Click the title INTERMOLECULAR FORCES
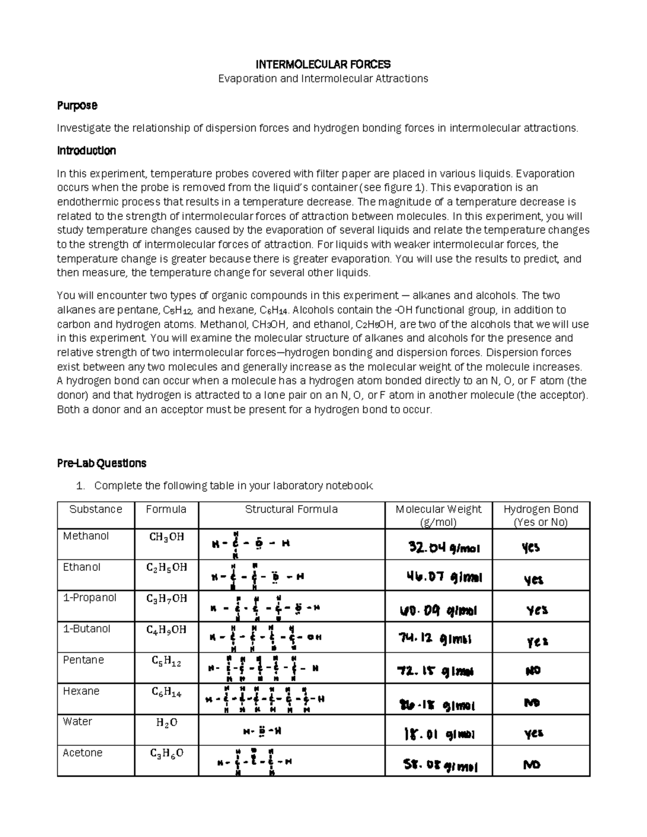[322, 65]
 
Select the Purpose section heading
[77, 106]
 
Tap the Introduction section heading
[86, 150]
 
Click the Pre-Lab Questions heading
[101, 463]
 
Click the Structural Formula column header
[291, 509]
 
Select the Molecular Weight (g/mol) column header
[438, 515]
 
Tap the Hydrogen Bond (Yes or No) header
[540, 515]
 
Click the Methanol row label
[86, 536]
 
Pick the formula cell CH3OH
[166, 537]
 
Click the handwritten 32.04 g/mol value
[444, 548]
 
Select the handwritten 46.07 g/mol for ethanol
[444, 578]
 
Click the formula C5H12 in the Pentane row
[166, 662]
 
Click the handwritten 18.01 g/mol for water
[439, 734]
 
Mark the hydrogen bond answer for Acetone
[532, 764]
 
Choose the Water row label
[77, 721]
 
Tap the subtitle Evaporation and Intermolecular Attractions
[322, 79]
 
